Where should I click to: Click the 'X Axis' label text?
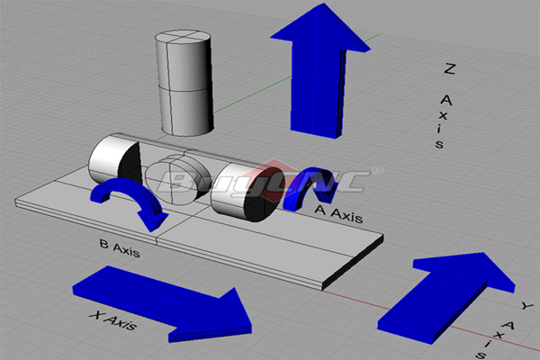113,320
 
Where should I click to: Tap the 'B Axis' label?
120,248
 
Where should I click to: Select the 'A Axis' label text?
338,213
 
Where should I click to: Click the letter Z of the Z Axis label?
449,68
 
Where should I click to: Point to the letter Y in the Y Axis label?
526,305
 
